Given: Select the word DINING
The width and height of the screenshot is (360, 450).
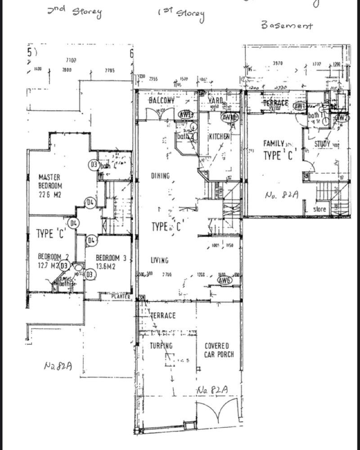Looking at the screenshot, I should click(160, 176).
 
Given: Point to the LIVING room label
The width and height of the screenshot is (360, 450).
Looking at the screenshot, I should click(159, 260).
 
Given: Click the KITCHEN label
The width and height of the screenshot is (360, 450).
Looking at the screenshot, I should click(219, 136).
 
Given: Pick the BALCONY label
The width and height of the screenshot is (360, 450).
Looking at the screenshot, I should click(161, 100).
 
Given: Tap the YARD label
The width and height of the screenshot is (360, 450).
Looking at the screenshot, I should click(216, 100).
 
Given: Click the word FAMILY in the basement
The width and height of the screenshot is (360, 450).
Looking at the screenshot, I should click(274, 144).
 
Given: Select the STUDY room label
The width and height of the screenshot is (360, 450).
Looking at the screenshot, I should click(322, 144).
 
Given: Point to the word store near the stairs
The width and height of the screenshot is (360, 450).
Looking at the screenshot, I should click(319, 209).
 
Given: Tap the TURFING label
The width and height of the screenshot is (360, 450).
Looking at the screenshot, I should click(161, 346).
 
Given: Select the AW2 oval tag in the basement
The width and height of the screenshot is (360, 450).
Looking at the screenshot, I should click(342, 118).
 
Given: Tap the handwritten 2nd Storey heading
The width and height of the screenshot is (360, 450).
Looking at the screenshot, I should click(75, 11).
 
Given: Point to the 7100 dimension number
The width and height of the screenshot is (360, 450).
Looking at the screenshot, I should click(71, 60).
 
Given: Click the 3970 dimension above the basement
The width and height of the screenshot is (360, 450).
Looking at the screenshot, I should click(278, 63).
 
